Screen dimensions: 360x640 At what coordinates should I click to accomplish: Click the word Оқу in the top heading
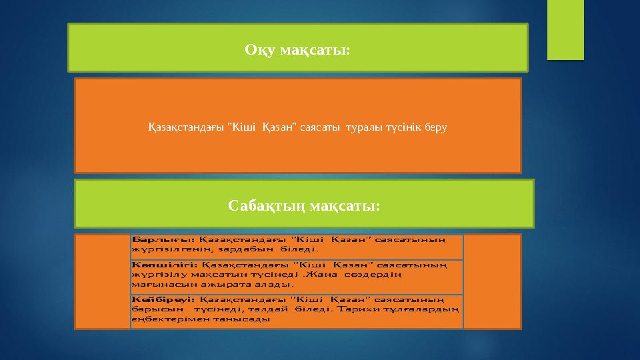[x=260, y=50]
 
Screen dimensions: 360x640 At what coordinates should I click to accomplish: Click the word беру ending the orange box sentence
[x=435, y=127]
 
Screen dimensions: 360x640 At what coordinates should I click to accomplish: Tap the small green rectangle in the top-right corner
[x=565, y=29]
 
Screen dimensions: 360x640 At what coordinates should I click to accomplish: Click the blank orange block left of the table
[x=103, y=281]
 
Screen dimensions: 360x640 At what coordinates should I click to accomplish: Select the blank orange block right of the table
[x=492, y=281]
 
